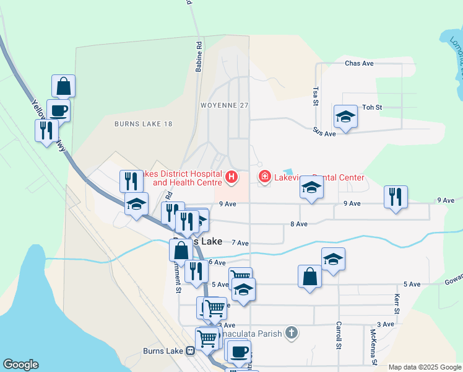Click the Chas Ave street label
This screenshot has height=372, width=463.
(359, 63)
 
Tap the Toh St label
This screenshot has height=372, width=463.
(372, 107)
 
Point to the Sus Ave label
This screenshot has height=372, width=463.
(324, 133)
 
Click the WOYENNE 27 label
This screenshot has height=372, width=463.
(224, 105)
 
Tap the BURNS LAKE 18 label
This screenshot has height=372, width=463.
(143, 124)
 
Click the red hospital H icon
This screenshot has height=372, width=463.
(231, 178)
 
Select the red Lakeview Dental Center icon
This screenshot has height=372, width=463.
(265, 178)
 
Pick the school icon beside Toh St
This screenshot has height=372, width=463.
(345, 116)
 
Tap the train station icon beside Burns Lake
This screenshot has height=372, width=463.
(191, 351)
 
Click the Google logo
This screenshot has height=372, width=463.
(20, 365)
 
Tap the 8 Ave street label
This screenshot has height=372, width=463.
(299, 224)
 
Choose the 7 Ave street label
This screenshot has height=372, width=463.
(240, 244)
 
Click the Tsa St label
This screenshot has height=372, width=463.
(316, 95)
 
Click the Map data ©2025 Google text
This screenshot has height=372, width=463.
(425, 367)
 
